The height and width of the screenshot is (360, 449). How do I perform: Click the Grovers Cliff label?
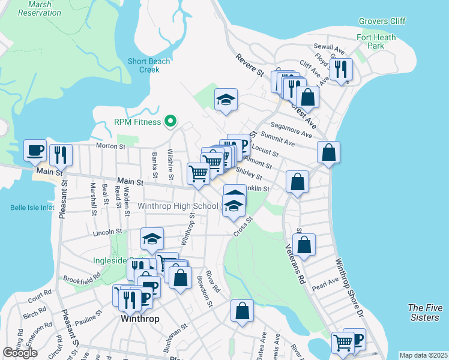tap(382, 21)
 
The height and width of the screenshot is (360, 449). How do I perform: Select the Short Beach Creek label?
tap(149, 65)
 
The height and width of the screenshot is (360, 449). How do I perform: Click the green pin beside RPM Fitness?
tap(170, 122)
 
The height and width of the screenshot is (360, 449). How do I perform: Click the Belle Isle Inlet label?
tap(32, 208)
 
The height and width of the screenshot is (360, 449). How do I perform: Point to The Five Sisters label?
tap(424, 312)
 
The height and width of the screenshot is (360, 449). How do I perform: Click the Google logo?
tap(20, 353)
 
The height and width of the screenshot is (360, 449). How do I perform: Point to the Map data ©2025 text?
tap(423, 355)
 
